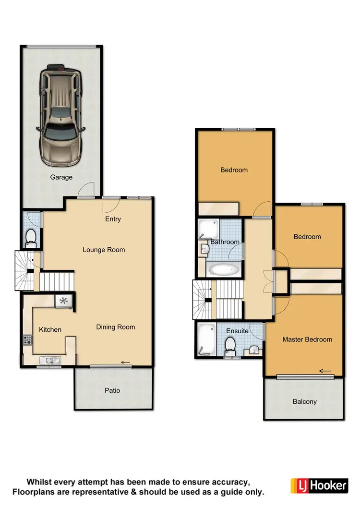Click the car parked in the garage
60,114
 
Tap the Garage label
61,177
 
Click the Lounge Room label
104,250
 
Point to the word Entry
113,219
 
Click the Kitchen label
50,329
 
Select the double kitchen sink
50,360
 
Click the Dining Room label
115,327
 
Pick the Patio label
112,390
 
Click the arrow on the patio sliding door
126,363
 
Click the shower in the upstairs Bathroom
208,229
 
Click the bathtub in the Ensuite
206,340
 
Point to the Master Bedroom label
307,339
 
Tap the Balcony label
304,401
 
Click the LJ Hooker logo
319,485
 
